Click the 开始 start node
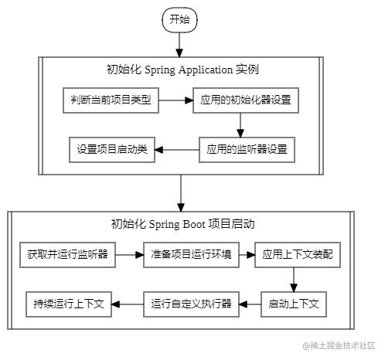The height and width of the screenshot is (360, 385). (x=179, y=19)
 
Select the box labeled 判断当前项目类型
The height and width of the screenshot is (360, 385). (x=111, y=101)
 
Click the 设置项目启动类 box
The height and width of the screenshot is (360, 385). (x=111, y=148)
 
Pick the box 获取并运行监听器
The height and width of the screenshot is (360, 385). (x=67, y=254)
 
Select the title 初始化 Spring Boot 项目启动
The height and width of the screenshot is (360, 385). (x=182, y=224)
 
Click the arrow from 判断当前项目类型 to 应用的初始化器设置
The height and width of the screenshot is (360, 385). (x=175, y=101)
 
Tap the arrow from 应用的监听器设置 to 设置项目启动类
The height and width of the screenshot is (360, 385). (x=179, y=148)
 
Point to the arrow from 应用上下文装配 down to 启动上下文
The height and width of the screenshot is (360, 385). (x=295, y=279)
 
